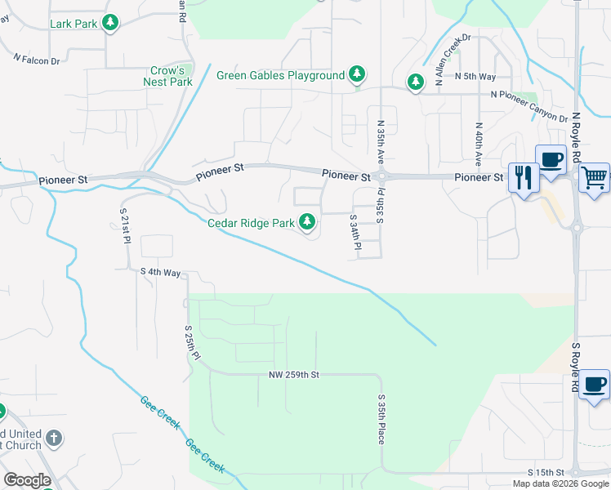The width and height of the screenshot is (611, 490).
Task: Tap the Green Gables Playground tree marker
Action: pyautogui.click(x=356, y=75)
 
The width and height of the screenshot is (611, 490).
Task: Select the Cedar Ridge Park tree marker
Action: pyautogui.click(x=307, y=222)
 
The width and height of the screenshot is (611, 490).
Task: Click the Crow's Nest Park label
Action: pyautogui.click(x=167, y=76)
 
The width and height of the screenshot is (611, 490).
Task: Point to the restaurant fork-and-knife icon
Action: pyautogui.click(x=521, y=176)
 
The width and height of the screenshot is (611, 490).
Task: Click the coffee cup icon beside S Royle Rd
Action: pyautogui.click(x=595, y=384)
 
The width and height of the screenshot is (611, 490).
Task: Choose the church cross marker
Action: pyautogui.click(x=54, y=439)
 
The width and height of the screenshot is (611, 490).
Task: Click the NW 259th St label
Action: pyautogui.click(x=293, y=375)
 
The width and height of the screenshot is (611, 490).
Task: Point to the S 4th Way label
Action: pyautogui.click(x=160, y=271)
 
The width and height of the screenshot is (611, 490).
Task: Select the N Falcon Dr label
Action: pyautogui.click(x=38, y=60)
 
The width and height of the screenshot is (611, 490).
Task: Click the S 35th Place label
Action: pyautogui.click(x=381, y=420)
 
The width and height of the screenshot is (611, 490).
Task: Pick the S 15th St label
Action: pyautogui.click(x=546, y=473)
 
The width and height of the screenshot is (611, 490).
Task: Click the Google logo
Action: pyautogui.click(x=28, y=480)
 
